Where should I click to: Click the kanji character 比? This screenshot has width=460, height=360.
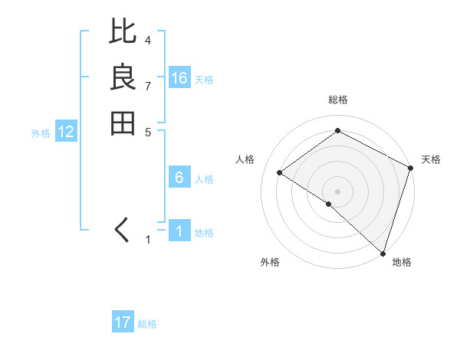[123, 33]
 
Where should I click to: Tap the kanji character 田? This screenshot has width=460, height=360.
[123, 123]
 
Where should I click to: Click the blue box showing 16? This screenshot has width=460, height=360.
[179, 78]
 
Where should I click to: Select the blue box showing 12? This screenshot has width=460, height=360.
[66, 132]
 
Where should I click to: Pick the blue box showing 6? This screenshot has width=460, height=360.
[179, 178]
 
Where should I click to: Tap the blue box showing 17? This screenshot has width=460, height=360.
[123, 322]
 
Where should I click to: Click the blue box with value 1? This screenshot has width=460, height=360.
[179, 231]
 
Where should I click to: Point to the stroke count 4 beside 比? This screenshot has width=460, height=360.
[148, 40]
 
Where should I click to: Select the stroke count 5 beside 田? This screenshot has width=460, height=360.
[148, 131]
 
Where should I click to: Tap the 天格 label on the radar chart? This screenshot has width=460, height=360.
[431, 159]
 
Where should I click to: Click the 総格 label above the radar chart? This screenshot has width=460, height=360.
[337, 100]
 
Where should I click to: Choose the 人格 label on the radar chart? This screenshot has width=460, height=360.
[245, 159]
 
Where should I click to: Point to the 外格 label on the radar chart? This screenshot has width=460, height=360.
[270, 263]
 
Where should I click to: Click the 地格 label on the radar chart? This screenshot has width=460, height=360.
[402, 263]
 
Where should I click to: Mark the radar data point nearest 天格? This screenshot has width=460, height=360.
[411, 168]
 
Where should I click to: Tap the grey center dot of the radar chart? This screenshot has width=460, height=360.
[337, 191]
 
